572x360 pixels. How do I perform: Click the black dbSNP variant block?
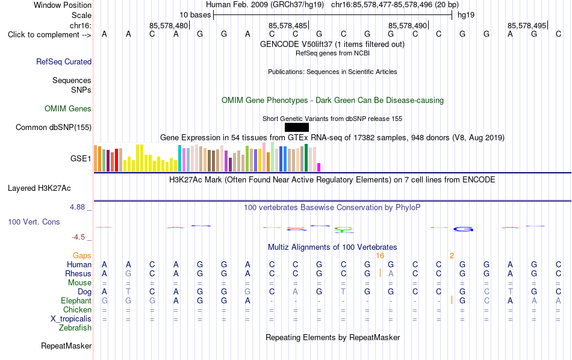pyautogui.click(x=297, y=127)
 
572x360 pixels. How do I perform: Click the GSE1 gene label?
pyautogui.click(x=81, y=158)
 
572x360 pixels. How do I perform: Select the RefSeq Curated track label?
pyautogui.click(x=64, y=61)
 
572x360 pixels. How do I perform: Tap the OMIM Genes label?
pyautogui.click(x=68, y=109)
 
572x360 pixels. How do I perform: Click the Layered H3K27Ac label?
pyautogui.click(x=39, y=188)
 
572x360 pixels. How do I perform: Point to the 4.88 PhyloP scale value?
pyautogui.click(x=77, y=207)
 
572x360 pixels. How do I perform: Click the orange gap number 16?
pyautogui.click(x=380, y=256)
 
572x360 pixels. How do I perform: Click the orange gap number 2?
pyautogui.click(x=452, y=256)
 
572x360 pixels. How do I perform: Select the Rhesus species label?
pyautogui.click(x=78, y=273)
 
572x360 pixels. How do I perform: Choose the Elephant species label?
pyautogui.click(x=76, y=301)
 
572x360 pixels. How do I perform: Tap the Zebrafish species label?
pyautogui.click(x=75, y=328)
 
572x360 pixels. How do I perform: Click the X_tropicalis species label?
pyautogui.click(x=71, y=319)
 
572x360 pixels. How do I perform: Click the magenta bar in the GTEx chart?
pyautogui.click(x=319, y=167)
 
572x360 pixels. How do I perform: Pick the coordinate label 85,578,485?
pyautogui.click(x=288, y=25)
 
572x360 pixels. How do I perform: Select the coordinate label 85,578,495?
pyautogui.click(x=527, y=25)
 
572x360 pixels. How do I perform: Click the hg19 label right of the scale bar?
pyautogui.click(x=466, y=15)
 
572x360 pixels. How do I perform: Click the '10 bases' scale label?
pyautogui.click(x=195, y=15)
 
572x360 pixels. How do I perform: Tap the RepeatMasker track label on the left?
pyautogui.click(x=66, y=346)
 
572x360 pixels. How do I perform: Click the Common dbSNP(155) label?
pyautogui.click(x=54, y=127)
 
